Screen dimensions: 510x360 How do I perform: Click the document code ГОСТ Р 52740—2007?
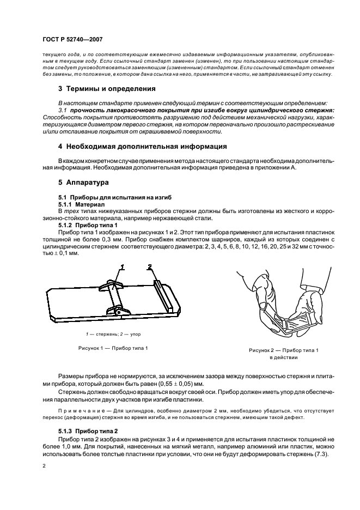[72, 39]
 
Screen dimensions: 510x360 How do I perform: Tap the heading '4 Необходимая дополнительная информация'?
[143, 147]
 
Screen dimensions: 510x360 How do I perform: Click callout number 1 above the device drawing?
[123, 266]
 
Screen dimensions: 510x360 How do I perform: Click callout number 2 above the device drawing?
[149, 266]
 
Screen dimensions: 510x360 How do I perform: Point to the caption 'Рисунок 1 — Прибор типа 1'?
[112, 348]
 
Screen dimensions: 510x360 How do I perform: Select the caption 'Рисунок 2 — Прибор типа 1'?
[284, 350]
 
